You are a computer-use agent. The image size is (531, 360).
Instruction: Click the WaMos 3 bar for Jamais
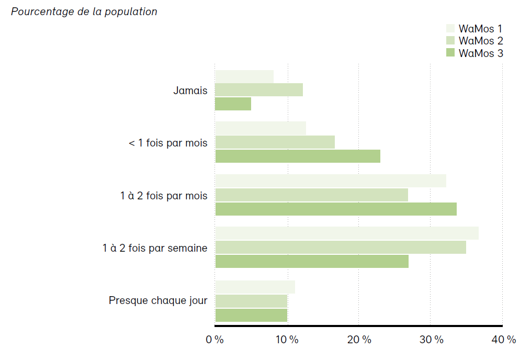pyautogui.click(x=233, y=104)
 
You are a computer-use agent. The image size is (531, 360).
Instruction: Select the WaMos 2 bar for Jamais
pyautogui.click(x=259, y=90)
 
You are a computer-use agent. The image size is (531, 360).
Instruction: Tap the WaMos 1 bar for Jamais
pyautogui.click(x=244, y=76)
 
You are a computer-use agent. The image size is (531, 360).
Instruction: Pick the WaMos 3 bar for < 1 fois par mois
pyautogui.click(x=298, y=156)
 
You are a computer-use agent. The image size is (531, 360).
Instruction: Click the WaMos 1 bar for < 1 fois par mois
pyautogui.click(x=261, y=128)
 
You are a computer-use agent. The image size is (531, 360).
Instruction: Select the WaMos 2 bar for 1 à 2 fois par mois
pyautogui.click(x=311, y=195)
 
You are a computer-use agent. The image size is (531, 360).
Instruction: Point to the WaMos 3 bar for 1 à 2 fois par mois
pyautogui.click(x=336, y=209)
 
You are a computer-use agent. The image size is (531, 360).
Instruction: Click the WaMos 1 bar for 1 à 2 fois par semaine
pyautogui.click(x=347, y=233)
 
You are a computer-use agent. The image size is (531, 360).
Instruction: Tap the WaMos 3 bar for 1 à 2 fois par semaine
pyautogui.click(x=312, y=262)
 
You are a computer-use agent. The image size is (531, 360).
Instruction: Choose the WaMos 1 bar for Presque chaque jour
pyautogui.click(x=255, y=287)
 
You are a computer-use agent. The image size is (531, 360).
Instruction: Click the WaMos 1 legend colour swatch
pyautogui.click(x=450, y=28)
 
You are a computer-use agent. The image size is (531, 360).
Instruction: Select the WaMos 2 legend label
pyautogui.click(x=480, y=40)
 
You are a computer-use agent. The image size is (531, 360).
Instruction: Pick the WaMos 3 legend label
pyautogui.click(x=480, y=53)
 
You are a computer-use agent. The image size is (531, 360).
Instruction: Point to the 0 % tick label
pyautogui.click(x=215, y=340)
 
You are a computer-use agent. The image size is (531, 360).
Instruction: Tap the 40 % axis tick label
pyautogui.click(x=503, y=340)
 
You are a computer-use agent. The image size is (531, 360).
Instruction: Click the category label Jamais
pyautogui.click(x=190, y=91)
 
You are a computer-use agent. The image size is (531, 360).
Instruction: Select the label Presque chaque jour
pyautogui.click(x=158, y=300)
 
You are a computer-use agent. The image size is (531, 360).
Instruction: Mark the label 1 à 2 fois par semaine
pyautogui.click(x=155, y=248)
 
